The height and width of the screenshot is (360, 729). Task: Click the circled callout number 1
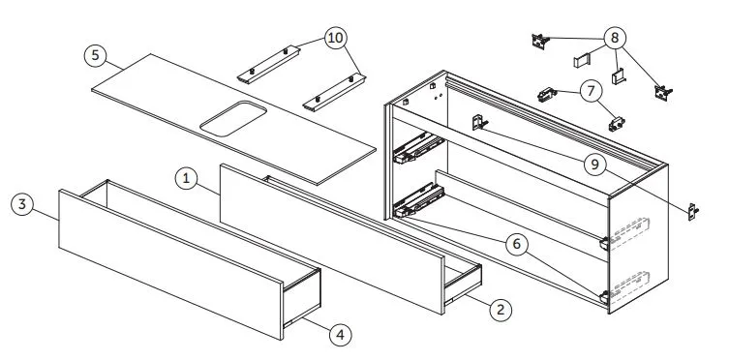coord(186,178)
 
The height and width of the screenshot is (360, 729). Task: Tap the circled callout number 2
coord(501,310)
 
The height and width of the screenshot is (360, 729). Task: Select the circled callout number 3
coord(22,204)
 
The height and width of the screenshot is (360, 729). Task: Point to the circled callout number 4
coord(341,335)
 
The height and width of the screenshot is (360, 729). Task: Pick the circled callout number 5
coord(95,55)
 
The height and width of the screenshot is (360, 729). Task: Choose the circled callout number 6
coord(517,244)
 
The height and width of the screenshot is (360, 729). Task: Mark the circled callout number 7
coord(591,91)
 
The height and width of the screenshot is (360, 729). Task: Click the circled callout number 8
coord(615,38)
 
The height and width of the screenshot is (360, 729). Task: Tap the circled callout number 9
coord(595,165)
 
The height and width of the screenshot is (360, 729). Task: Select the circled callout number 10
coord(335,38)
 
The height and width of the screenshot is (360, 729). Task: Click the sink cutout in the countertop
coord(233,118)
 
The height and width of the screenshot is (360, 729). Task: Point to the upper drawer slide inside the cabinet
coord(418,147)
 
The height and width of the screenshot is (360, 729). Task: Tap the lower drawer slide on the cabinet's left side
coord(418,200)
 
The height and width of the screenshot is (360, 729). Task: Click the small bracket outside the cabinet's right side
coord(693,212)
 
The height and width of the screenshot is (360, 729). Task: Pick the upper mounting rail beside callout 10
coord(269,64)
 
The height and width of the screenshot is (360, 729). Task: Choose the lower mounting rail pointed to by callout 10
coord(334,93)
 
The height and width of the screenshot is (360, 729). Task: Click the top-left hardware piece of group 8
coord(541,41)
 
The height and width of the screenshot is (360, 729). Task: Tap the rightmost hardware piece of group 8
coord(663,93)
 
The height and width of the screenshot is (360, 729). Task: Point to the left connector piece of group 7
coord(547,95)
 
